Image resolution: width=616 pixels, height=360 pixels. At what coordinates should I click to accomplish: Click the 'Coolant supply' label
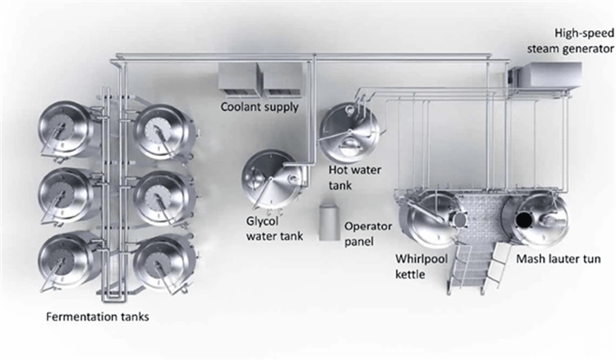259,106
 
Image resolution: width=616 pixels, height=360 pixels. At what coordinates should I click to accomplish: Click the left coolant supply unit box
238,77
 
